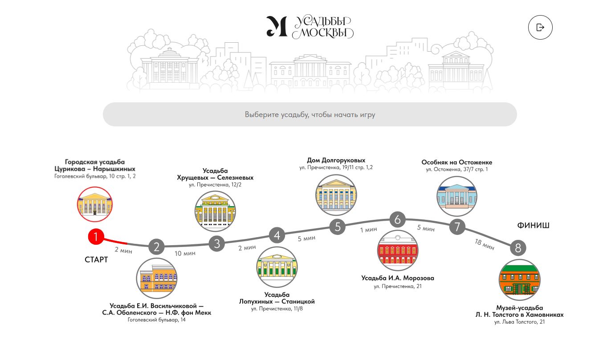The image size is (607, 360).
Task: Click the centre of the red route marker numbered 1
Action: point(96,237)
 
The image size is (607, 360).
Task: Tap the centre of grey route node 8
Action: point(518,248)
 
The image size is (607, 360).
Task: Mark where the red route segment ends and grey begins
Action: point(127,243)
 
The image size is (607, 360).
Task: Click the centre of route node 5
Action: point(338,227)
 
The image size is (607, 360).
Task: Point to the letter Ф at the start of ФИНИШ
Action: point(520,226)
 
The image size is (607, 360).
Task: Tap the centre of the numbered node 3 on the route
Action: point(217,244)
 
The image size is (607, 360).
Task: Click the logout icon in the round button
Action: point(540,27)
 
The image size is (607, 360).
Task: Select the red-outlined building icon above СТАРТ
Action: point(94,204)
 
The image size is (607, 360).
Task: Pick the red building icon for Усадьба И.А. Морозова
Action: point(398,251)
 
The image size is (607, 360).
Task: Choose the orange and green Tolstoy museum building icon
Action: point(519,280)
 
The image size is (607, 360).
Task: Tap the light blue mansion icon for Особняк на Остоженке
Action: point(457,196)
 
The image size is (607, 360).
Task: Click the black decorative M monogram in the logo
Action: point(277,26)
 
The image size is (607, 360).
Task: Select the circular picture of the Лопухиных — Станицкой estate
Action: point(277,267)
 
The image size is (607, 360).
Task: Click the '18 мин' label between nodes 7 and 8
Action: point(485,244)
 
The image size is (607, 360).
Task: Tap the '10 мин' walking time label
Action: point(185,253)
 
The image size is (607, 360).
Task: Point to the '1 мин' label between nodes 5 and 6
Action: point(369,230)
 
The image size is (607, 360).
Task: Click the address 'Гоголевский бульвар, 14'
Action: point(157,320)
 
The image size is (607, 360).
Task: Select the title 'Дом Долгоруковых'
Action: point(336,160)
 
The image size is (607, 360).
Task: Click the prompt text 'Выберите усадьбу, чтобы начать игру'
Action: point(310,114)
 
